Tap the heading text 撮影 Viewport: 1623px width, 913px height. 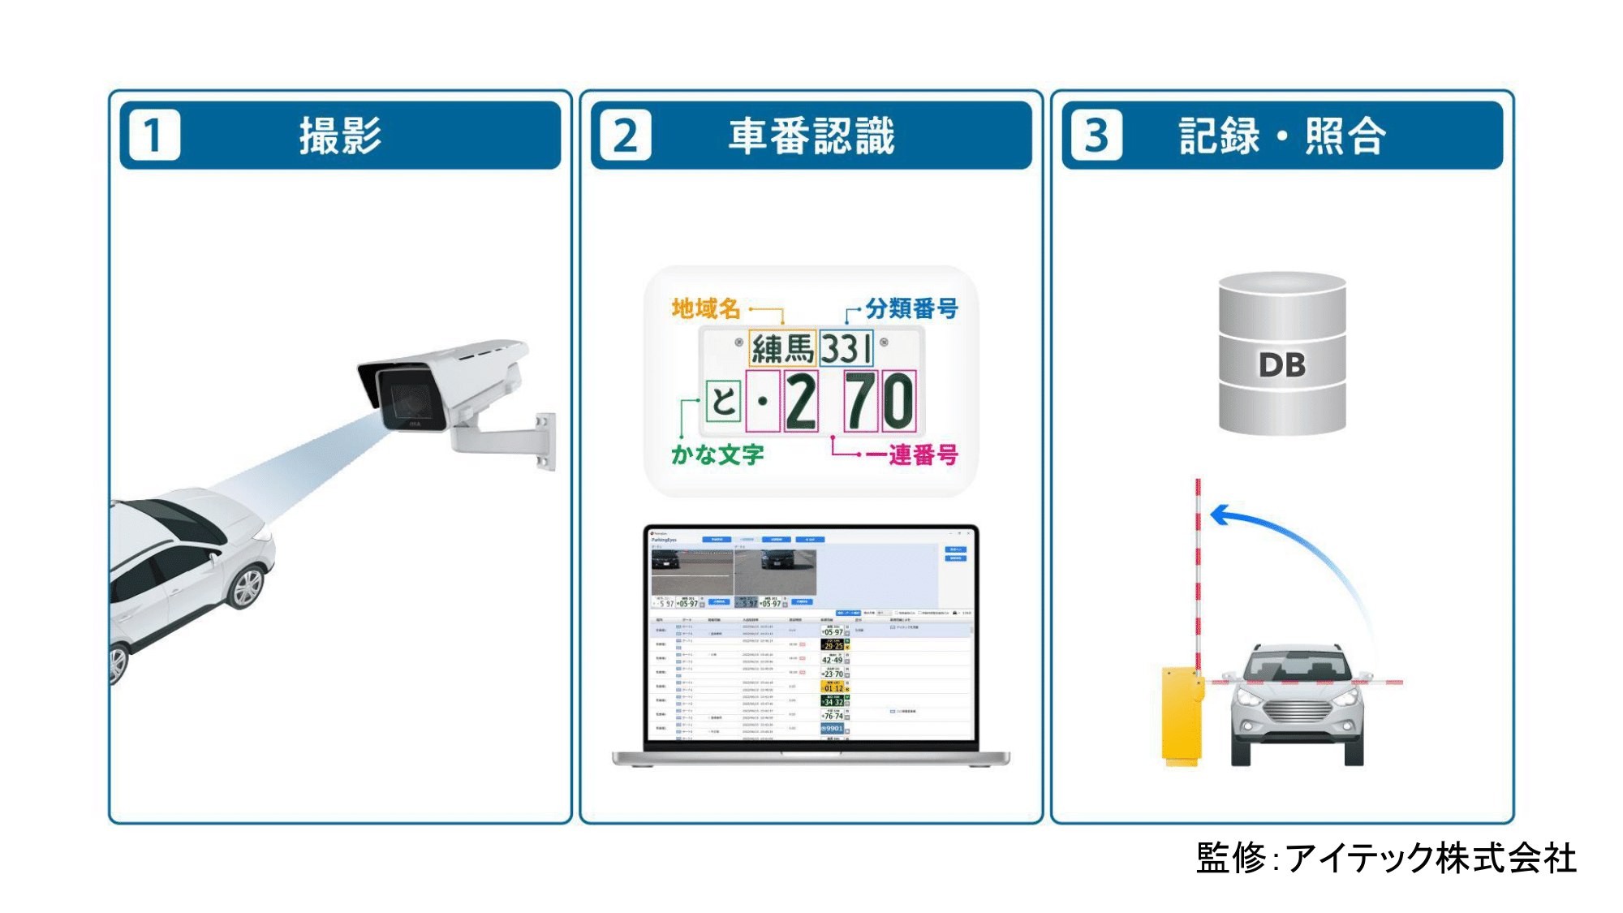pos(340,136)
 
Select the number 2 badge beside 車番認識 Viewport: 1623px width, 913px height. pos(625,136)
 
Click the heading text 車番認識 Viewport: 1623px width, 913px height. pos(811,136)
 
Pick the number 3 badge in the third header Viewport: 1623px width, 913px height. pos(1096,136)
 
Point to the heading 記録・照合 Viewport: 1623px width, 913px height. pos(1282,136)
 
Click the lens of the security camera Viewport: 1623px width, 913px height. pos(411,400)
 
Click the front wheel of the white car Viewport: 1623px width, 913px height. pos(247,587)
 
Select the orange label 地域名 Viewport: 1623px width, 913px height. pos(706,309)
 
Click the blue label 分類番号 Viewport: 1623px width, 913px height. pos(911,309)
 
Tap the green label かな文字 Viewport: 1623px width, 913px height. pos(717,454)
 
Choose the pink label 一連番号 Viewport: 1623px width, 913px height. pos(912,454)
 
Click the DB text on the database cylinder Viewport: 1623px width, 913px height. pos(1281,365)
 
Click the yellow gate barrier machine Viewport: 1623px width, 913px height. pos(1182,714)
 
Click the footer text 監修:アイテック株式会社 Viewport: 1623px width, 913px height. pos(1385,858)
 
